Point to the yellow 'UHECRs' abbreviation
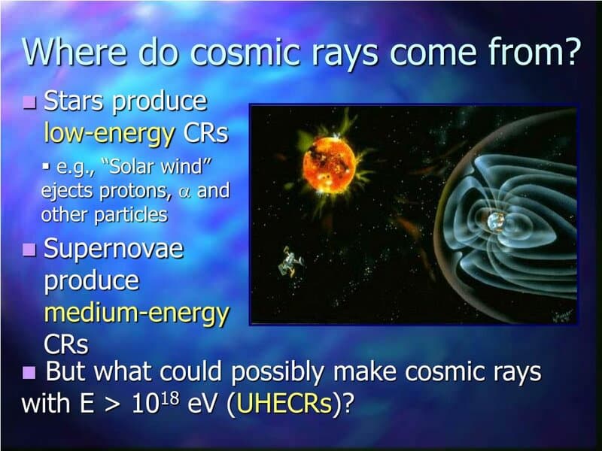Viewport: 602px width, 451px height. coord(284,404)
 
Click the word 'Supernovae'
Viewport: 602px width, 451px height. coord(114,249)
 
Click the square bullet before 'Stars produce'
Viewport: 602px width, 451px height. coord(30,102)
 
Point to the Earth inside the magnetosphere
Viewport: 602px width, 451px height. coord(496,221)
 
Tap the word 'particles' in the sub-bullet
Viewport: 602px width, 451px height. coord(131,214)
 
